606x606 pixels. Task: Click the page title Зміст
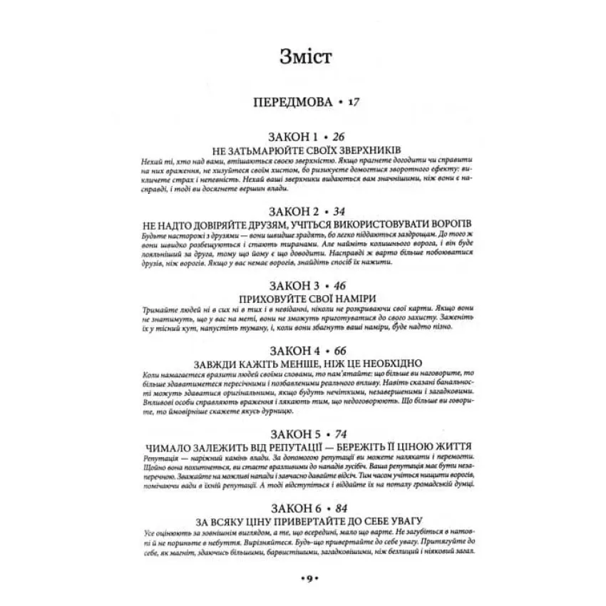(x=302, y=56)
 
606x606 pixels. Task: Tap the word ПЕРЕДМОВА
(x=293, y=103)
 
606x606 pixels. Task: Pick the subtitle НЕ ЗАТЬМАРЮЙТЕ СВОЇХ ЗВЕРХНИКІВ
(x=303, y=150)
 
